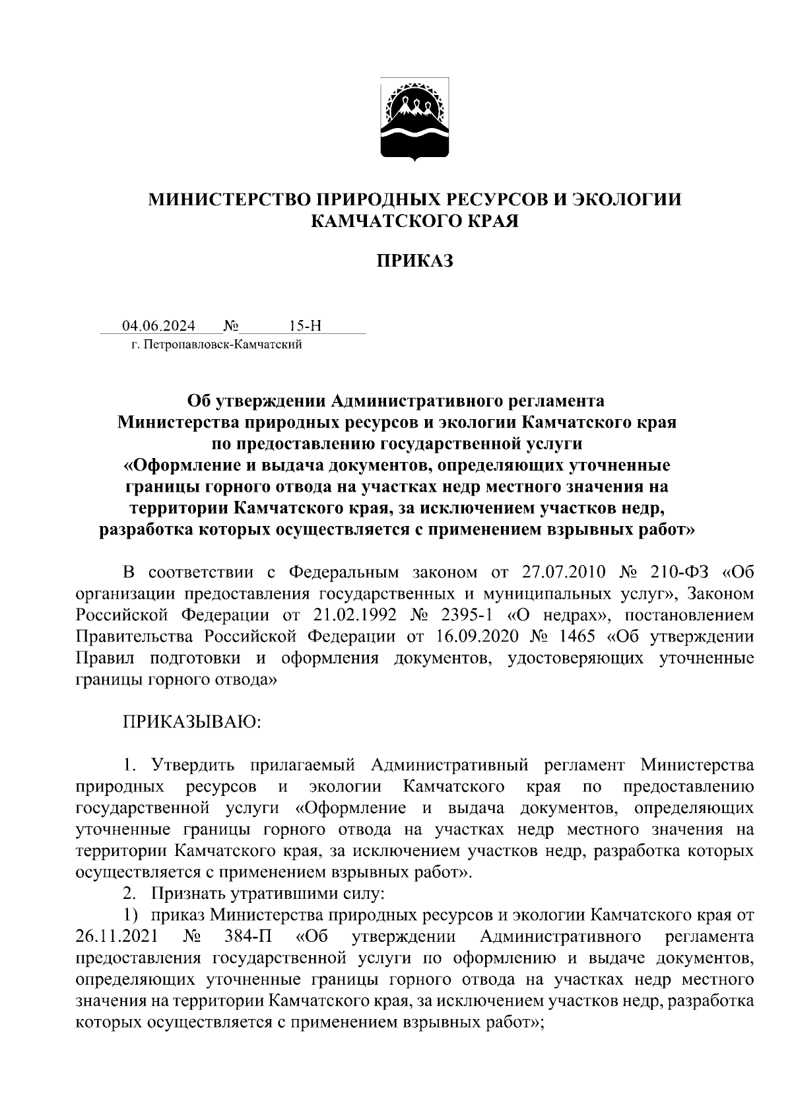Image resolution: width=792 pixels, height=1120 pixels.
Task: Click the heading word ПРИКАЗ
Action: coord(415,262)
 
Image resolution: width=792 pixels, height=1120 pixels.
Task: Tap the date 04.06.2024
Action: coord(158,326)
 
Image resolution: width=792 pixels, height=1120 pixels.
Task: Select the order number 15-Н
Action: coord(305,326)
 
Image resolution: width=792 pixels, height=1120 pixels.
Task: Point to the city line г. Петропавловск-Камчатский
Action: coord(216,344)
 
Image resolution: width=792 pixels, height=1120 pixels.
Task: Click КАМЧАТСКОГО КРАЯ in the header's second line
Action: coord(414,221)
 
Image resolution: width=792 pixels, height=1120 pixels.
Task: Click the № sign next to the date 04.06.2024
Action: coord(231,326)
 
